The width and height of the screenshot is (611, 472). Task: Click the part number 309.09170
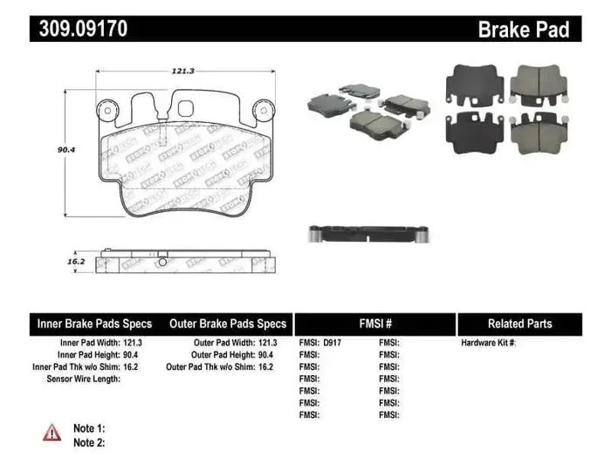tap(83, 29)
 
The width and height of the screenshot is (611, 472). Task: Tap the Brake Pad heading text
tap(523, 30)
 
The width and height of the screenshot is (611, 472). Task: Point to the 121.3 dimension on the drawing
tap(182, 72)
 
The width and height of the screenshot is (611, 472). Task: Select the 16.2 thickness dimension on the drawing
tap(76, 261)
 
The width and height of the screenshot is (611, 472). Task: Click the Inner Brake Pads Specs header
tap(95, 324)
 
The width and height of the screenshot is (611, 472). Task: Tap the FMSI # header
tap(375, 324)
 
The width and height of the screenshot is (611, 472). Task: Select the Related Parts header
tap(519, 324)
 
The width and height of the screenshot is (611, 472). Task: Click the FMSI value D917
tap(333, 343)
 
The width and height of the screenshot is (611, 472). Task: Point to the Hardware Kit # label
tap(489, 343)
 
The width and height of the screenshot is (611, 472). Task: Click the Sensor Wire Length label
tap(82, 380)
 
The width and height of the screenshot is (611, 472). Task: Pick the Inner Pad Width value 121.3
tap(134, 343)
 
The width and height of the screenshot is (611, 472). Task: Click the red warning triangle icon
tap(52, 432)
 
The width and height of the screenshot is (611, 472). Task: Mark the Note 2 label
tap(88, 442)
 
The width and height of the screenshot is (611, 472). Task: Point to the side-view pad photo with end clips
tap(367, 234)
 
